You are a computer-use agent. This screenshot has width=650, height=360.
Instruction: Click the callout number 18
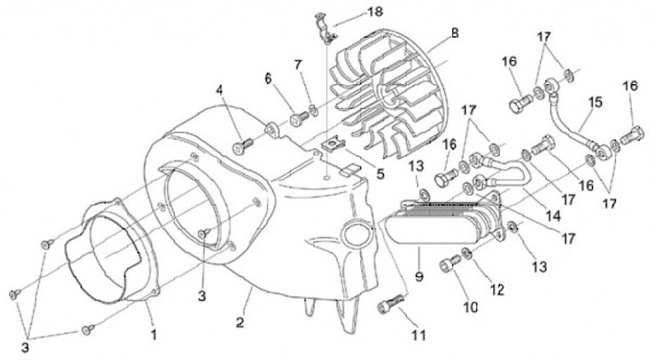coord(376,12)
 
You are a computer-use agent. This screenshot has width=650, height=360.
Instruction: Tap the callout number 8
coord(455,32)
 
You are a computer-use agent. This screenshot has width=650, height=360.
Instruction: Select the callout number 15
coord(595,101)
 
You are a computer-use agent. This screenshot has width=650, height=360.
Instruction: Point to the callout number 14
coord(553,216)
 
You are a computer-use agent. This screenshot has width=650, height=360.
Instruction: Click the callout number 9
coord(419,275)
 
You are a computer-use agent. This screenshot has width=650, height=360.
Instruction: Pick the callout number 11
coord(419,335)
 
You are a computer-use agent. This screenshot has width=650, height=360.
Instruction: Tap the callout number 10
coord(470,307)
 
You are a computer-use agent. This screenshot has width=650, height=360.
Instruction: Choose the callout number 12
coord(497,290)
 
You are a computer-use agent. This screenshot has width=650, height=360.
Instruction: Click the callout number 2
coord(240,322)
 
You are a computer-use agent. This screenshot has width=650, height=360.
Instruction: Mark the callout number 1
coord(153,335)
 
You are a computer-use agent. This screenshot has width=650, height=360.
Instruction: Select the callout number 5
coord(380,173)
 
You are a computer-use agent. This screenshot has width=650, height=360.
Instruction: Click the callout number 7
coord(298,65)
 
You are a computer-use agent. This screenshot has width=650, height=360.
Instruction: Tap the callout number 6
coord(268,78)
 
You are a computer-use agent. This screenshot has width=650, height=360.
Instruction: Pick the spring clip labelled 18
coord(325,29)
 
